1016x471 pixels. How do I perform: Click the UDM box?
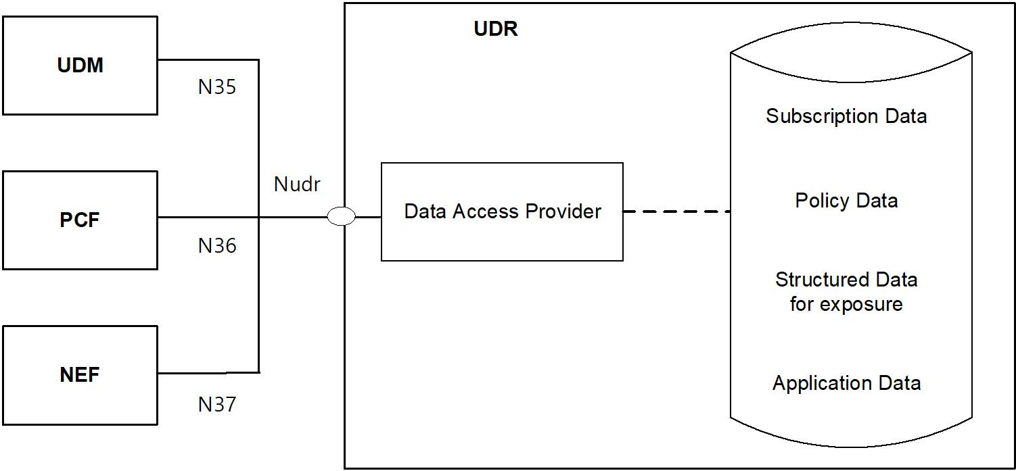pos(80,66)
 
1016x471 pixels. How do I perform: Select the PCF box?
pos(80,220)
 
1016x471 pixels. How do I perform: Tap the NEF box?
pos(80,375)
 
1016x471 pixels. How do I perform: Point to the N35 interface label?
pos(217,87)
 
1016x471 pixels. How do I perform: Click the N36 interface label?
pos(217,246)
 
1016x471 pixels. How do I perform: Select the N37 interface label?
pos(217,404)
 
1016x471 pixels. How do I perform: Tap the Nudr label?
pos(297,184)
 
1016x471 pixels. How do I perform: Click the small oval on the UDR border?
pos(341,216)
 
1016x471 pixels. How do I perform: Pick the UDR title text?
pos(496,30)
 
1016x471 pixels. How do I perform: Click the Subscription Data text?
pos(846,116)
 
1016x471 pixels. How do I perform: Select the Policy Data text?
pos(846,201)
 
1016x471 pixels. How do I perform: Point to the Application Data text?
pos(846,383)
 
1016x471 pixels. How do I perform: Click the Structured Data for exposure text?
pos(846,291)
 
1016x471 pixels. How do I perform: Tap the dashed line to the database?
pos(676,212)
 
